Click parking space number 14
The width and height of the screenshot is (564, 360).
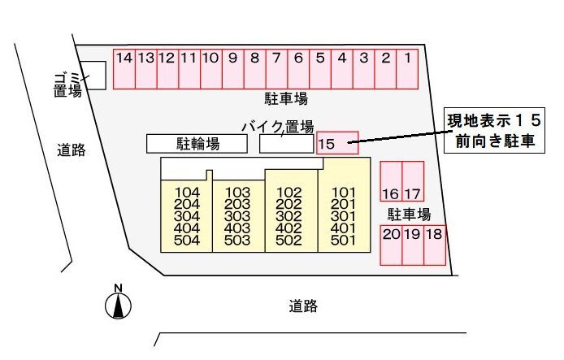pos(124,69)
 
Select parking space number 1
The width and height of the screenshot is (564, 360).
pos(407,69)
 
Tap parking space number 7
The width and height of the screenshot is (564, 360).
pos(276,69)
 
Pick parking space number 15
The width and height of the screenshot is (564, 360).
pos(337,143)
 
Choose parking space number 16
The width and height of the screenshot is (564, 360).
pos(391,181)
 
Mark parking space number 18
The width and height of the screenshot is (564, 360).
pos(435,245)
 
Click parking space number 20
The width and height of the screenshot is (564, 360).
pos(391,245)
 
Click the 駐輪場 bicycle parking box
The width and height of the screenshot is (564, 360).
pos(197,144)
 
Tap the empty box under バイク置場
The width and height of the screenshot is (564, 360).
pos(287,144)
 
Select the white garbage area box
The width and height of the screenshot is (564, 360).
pos(93,75)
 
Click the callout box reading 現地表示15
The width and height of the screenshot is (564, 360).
pos(494,130)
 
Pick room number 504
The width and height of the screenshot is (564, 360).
pos(187,241)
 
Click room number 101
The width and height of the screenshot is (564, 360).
pos(343,193)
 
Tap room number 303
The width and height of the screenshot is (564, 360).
pos(237,216)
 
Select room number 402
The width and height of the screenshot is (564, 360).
pos(289,228)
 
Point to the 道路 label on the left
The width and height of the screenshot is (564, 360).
pos(72,150)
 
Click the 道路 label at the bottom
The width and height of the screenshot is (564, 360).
pos(303,306)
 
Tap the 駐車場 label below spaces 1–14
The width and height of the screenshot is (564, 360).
pos(286,98)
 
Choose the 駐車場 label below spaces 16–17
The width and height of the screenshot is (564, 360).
pos(410,215)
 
